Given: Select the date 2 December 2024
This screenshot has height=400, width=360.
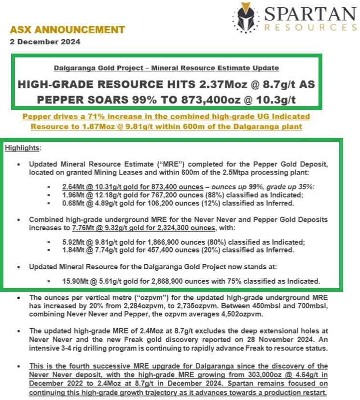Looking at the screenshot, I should (x=45, y=42).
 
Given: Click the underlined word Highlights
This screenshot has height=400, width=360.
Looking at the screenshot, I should (x=23, y=147).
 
